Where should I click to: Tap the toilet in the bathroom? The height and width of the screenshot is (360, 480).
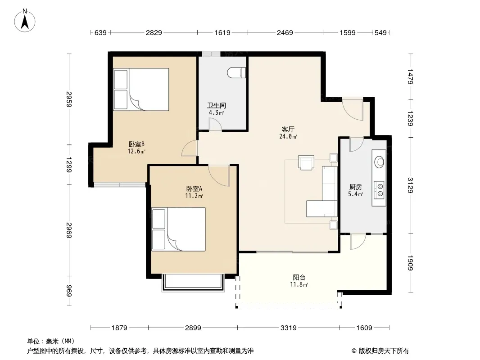(237, 72)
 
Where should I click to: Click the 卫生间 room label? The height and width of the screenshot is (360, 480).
(217, 105)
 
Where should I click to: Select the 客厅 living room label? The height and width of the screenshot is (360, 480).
(288, 130)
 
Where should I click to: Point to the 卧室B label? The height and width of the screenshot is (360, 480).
(136, 144)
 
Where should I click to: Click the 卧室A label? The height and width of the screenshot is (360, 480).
(194, 189)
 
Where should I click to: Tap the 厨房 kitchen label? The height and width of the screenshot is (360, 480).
(355, 187)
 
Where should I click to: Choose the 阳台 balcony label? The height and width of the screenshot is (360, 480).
(299, 277)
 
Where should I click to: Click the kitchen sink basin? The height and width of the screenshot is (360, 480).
(379, 162)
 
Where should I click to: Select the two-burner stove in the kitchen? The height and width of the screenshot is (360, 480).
(379, 189)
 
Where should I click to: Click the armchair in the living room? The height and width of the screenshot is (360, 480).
(306, 162)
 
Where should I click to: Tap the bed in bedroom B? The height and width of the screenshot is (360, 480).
(141, 89)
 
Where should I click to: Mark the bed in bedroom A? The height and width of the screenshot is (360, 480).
(178, 229)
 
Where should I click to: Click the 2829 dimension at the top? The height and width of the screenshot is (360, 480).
(154, 32)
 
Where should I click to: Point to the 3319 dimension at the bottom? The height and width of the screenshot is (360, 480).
(288, 328)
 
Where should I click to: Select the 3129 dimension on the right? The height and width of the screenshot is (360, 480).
(410, 185)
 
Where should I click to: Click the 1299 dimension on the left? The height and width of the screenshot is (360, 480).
(69, 165)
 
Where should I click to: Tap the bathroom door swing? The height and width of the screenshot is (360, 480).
(215, 125)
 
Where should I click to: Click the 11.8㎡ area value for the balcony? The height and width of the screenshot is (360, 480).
(299, 284)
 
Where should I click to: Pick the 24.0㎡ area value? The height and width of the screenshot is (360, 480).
(288, 136)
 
